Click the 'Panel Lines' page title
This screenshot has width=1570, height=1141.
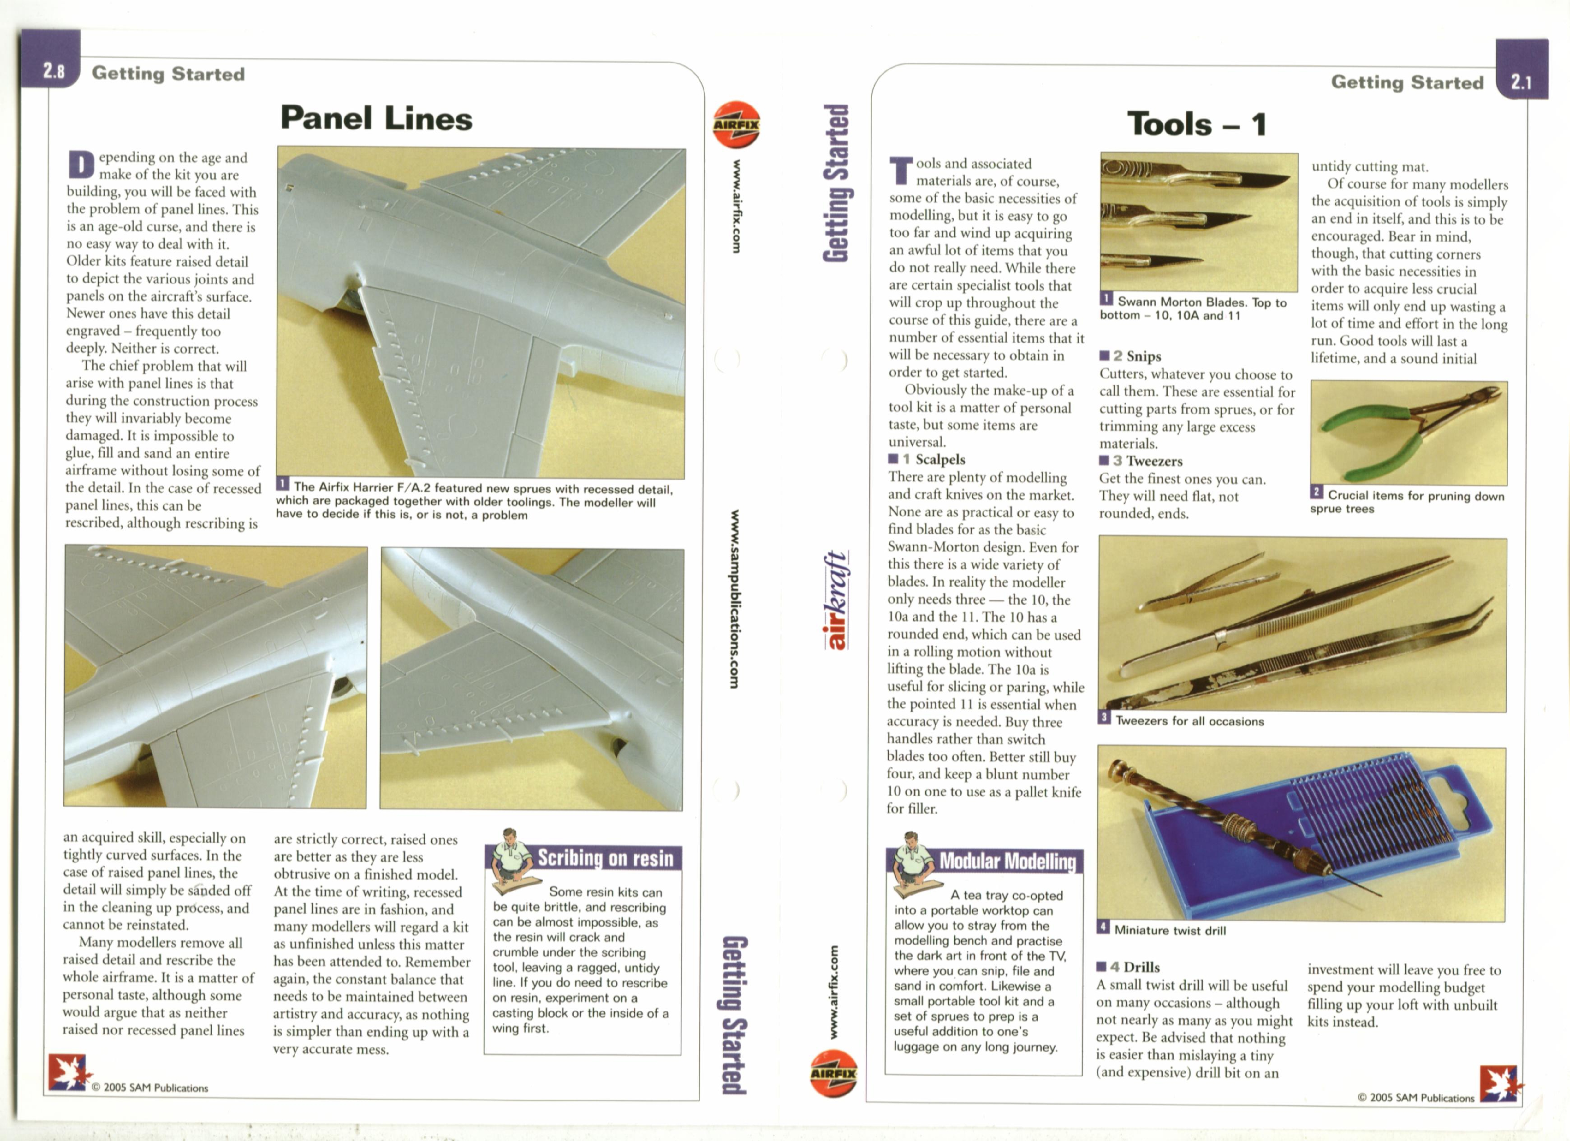click(x=376, y=118)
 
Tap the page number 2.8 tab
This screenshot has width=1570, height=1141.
click(x=53, y=71)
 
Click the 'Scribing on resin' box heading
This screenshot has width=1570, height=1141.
click(x=605, y=858)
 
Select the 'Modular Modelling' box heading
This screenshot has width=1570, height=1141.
click(x=1007, y=861)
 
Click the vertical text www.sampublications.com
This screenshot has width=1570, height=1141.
click(x=734, y=599)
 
